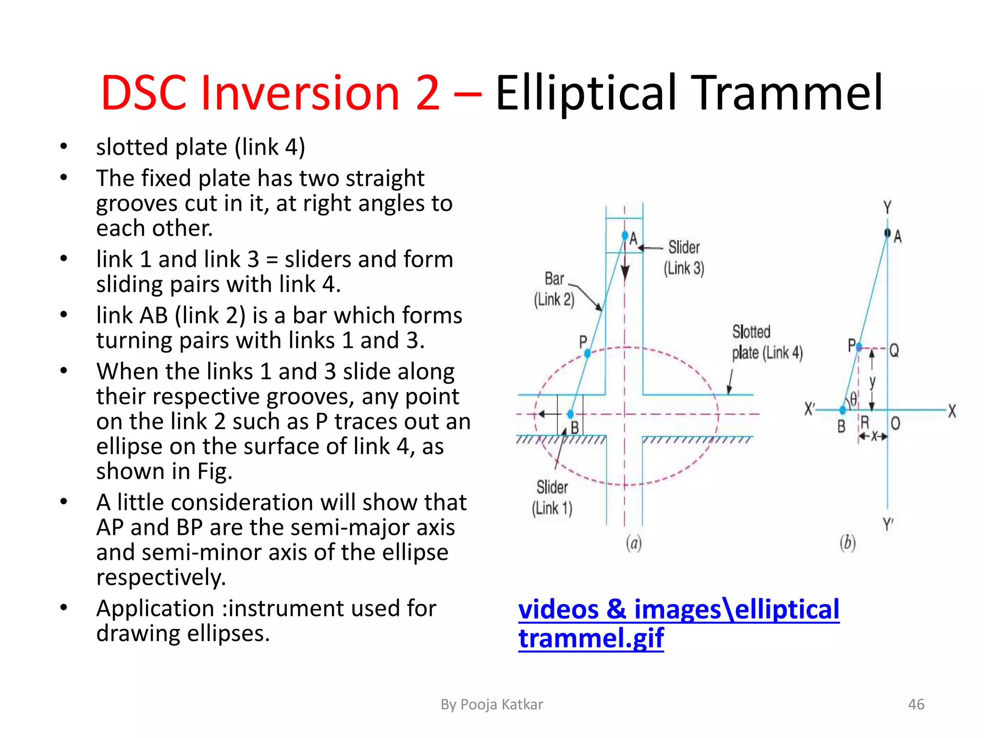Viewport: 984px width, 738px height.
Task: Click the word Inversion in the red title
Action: click(300, 92)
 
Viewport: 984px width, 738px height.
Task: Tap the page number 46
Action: click(916, 704)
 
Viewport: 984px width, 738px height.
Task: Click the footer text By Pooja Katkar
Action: click(492, 704)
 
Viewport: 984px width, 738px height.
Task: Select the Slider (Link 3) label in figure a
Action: click(684, 258)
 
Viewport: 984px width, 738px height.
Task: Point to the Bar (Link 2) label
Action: click(554, 289)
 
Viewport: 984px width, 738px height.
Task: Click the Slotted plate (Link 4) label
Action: click(766, 342)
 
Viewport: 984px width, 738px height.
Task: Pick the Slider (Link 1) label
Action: click(552, 498)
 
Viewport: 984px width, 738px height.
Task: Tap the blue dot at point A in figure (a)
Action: click(625, 235)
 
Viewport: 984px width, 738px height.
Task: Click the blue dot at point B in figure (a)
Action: click(570, 414)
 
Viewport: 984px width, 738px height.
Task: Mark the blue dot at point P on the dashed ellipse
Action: click(587, 354)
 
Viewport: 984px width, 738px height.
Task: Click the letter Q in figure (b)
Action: click(894, 350)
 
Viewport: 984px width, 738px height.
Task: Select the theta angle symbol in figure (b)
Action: click(853, 398)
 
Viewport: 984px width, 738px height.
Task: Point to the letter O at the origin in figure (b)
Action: click(896, 423)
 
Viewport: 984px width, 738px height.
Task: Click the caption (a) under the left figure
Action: click(634, 543)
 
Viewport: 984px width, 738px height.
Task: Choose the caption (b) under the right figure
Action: click(848, 543)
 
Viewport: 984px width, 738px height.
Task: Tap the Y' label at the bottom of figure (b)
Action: click(888, 524)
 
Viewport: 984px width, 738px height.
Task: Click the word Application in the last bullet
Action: click(155, 608)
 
